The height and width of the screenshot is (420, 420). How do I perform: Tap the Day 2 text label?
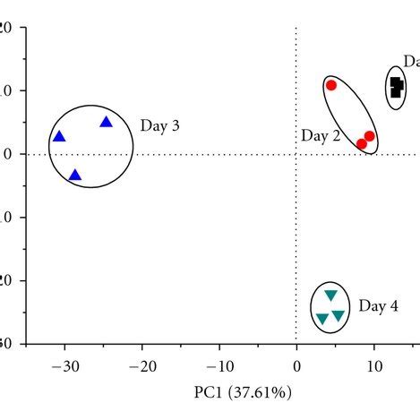tap(320, 136)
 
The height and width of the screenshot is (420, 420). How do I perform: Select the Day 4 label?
tap(378, 306)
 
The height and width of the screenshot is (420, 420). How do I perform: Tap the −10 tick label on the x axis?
tap(219, 365)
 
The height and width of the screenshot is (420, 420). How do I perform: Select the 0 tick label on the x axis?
tap(296, 365)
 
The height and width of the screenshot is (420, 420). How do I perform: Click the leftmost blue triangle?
tap(59, 137)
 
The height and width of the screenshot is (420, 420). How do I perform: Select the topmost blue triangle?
tap(106, 122)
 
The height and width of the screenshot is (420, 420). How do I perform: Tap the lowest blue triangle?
tap(74, 176)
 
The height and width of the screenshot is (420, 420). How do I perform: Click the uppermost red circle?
tap(331, 85)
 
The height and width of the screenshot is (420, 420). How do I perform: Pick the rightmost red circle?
tap(369, 136)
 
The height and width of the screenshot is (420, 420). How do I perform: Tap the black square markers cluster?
tap(396, 87)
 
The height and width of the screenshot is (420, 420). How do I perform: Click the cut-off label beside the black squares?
tap(411, 61)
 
